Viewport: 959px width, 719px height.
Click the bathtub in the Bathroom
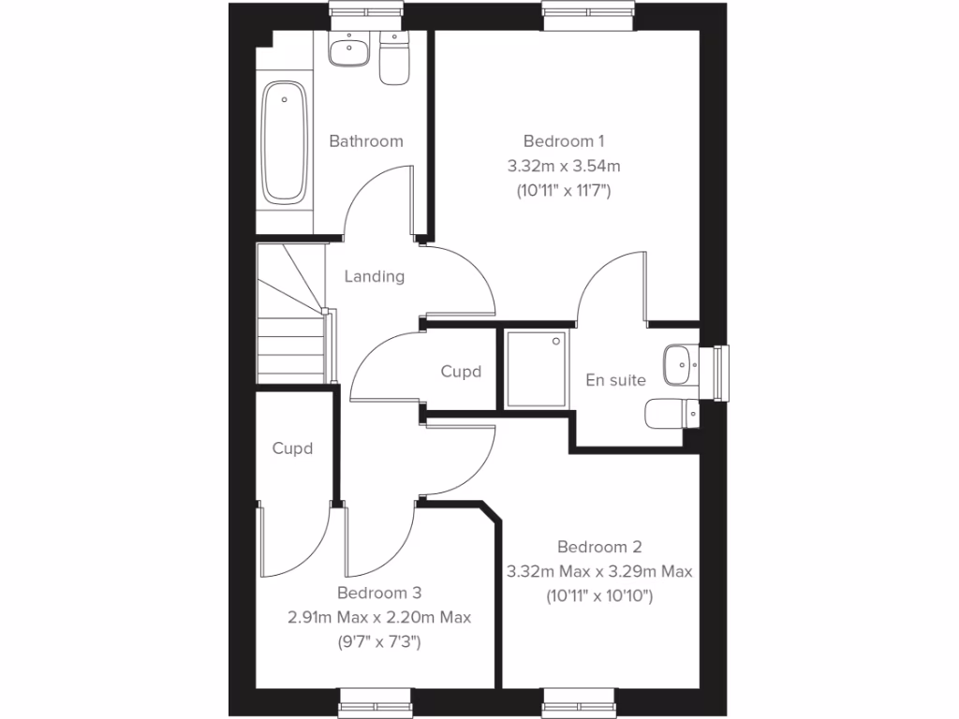tap(285, 142)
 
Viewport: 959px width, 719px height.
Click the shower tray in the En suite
tap(537, 369)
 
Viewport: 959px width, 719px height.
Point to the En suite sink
tap(677, 364)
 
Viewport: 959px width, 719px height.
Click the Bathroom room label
tap(366, 141)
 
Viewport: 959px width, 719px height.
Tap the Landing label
tap(375, 276)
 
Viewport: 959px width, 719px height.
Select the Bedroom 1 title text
tap(564, 141)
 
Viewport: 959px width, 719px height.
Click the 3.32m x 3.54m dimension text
tap(564, 166)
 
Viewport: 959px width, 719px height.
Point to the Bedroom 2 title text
tap(599, 547)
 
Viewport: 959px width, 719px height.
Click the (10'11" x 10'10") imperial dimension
tap(599, 595)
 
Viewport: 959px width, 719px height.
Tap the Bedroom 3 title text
tap(379, 593)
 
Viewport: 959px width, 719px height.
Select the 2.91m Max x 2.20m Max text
tap(379, 618)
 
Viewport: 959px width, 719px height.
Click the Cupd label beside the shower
tap(461, 372)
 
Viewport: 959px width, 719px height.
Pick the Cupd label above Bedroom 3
tap(292, 448)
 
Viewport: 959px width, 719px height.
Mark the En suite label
tap(616, 380)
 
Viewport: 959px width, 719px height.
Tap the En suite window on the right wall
tap(720, 372)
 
